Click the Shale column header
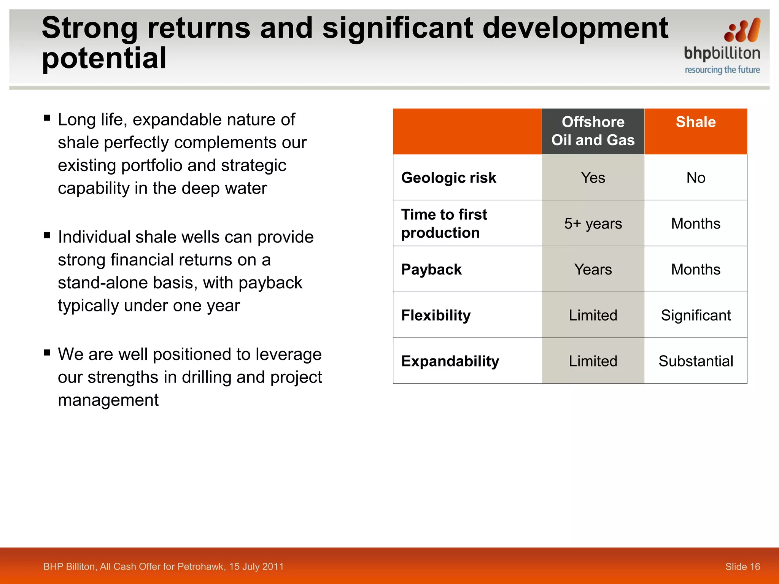click(695, 122)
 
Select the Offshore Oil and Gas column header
click(593, 131)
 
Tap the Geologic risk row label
click(448, 178)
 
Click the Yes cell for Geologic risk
click(593, 178)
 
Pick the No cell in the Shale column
click(695, 178)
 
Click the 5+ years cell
click(593, 224)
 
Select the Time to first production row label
click(444, 224)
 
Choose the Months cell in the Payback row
click(695, 270)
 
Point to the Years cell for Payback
click(593, 270)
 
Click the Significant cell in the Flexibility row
click(695, 316)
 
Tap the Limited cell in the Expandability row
click(593, 361)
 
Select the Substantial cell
click(695, 361)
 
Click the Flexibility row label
click(436, 316)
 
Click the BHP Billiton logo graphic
click(742, 30)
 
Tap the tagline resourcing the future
click(722, 70)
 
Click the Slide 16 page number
click(742, 567)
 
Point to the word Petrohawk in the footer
click(202, 567)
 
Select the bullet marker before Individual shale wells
click(47, 235)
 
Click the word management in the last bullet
click(108, 400)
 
